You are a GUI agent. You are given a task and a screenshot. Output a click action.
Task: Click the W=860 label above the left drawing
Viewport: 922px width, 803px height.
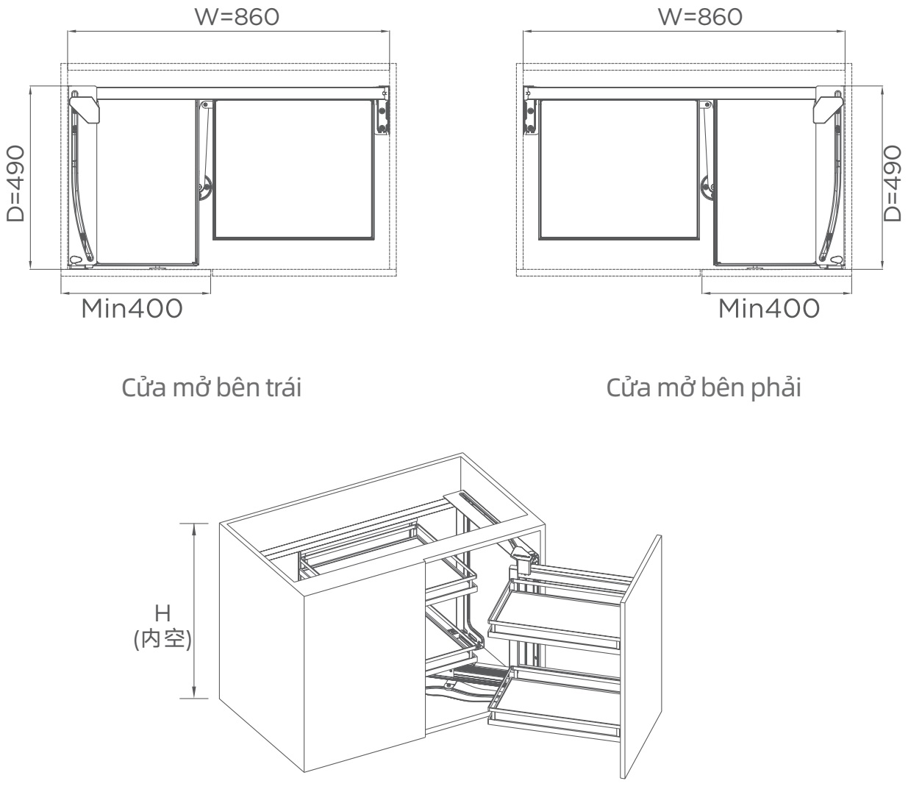click(x=237, y=16)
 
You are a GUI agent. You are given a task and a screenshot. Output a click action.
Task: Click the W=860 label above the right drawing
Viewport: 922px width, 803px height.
click(x=699, y=16)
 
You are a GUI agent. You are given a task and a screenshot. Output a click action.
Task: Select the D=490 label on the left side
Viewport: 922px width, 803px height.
click(x=16, y=183)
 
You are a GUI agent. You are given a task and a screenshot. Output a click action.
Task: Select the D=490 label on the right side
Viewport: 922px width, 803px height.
click(x=892, y=183)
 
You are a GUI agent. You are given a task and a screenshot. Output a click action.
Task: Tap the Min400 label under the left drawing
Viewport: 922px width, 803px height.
click(x=132, y=309)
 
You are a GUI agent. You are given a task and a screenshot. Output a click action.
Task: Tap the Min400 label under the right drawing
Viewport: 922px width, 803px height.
click(x=768, y=309)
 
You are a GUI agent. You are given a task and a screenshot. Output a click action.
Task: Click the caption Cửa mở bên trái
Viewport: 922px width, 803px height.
click(x=211, y=388)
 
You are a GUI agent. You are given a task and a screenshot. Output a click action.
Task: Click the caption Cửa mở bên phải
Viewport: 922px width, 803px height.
click(x=704, y=388)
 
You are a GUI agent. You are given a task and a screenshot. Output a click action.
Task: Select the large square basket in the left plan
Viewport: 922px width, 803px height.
click(x=293, y=169)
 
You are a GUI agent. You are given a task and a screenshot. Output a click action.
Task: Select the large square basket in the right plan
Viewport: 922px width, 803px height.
click(x=618, y=169)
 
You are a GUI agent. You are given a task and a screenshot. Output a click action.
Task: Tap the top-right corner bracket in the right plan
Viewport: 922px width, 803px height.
click(x=828, y=104)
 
